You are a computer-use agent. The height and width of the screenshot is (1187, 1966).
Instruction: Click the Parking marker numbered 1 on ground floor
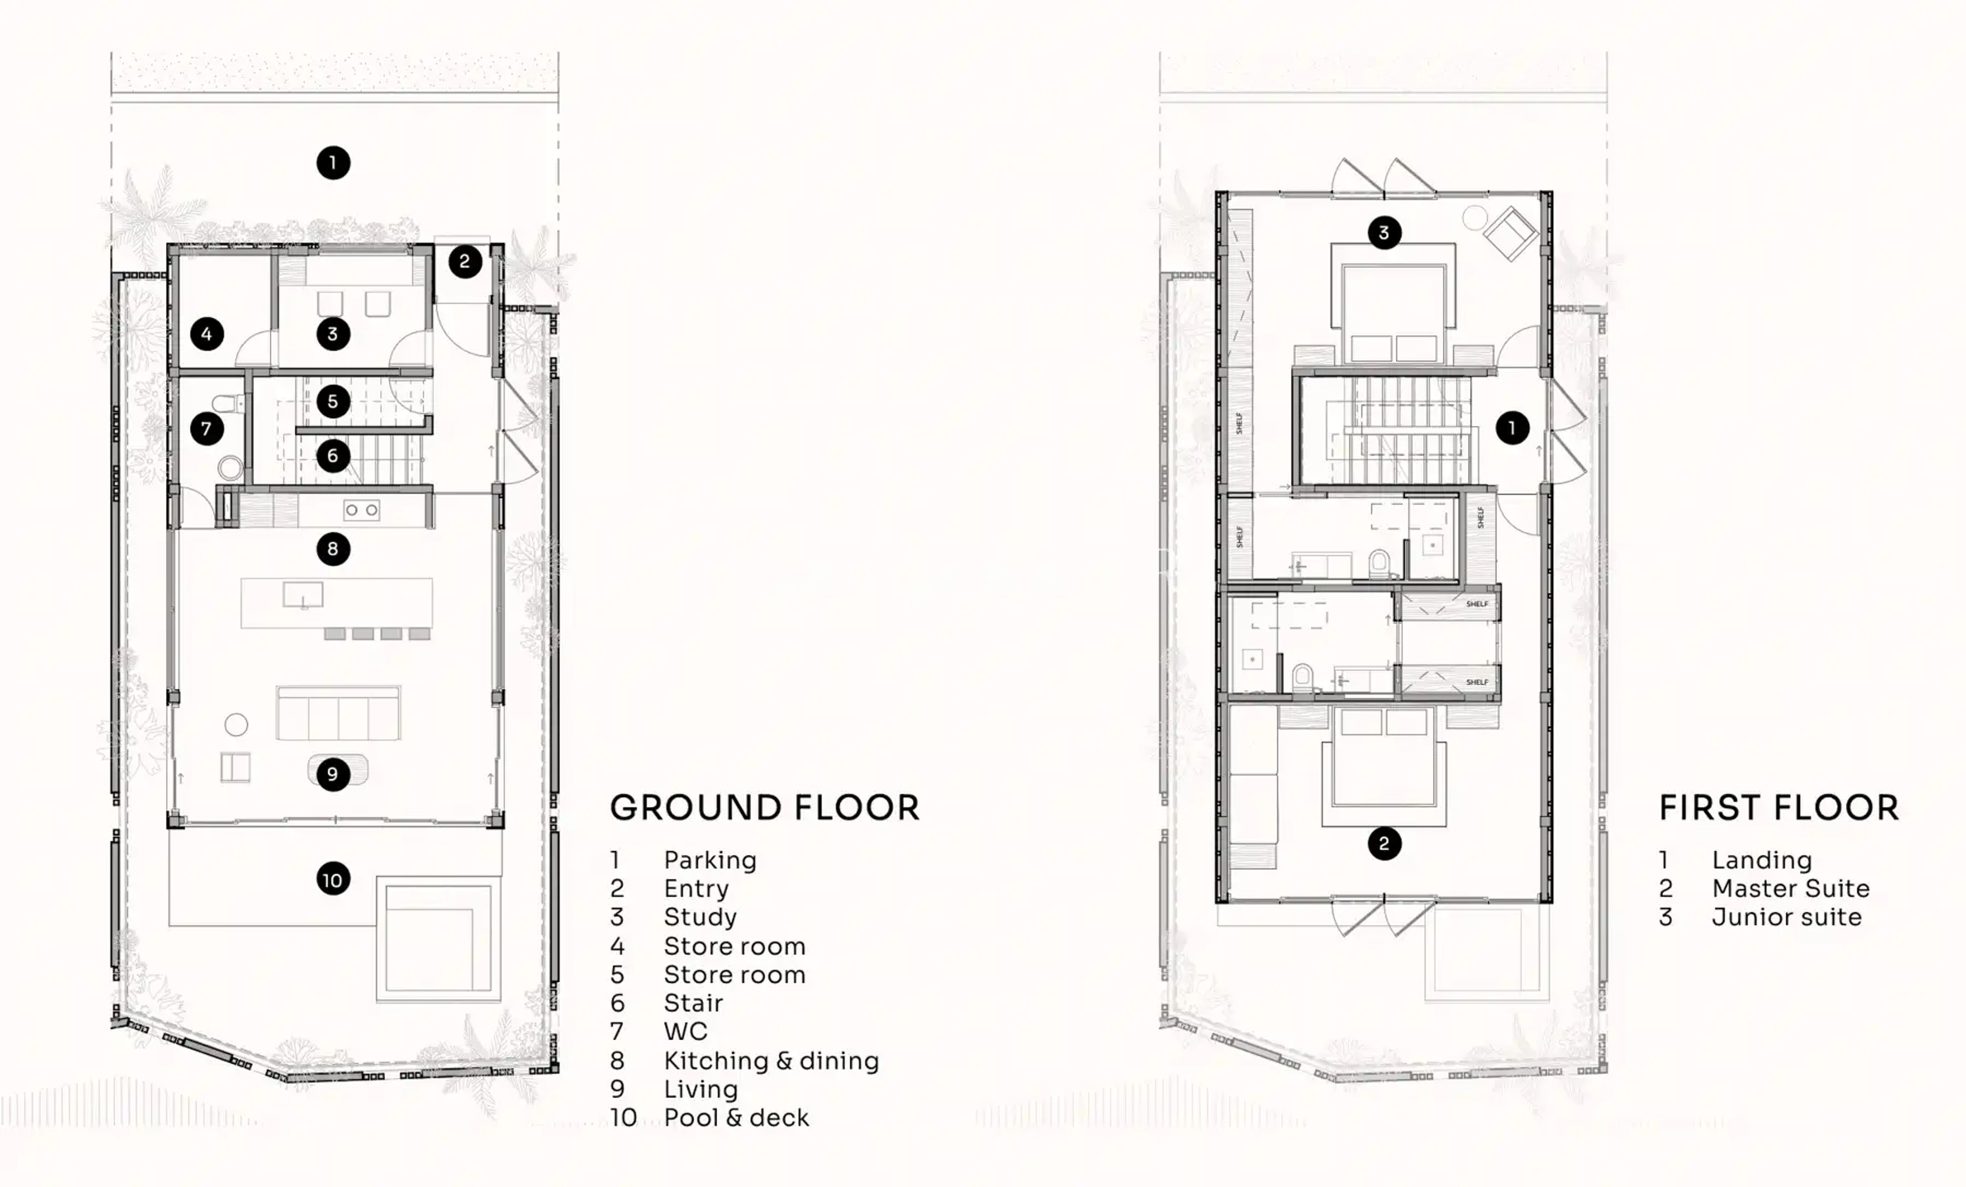(x=333, y=163)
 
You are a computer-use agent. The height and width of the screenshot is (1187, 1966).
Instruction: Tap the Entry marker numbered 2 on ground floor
(x=464, y=262)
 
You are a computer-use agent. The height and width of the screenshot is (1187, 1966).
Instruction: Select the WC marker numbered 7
(x=207, y=429)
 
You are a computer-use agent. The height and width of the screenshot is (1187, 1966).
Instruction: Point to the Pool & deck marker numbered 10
(x=333, y=880)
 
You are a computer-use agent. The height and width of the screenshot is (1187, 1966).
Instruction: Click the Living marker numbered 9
(x=333, y=774)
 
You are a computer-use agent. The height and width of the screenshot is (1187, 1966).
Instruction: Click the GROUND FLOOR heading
(x=764, y=808)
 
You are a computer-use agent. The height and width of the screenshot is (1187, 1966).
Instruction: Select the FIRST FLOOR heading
(x=1779, y=808)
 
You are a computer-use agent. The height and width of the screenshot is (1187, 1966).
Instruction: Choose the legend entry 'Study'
(x=700, y=917)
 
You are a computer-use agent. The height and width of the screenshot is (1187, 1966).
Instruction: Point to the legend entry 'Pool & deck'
(x=736, y=1117)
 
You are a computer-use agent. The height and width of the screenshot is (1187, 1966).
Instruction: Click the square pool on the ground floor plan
(x=438, y=940)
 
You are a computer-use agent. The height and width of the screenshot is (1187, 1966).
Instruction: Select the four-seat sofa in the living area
(x=338, y=713)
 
